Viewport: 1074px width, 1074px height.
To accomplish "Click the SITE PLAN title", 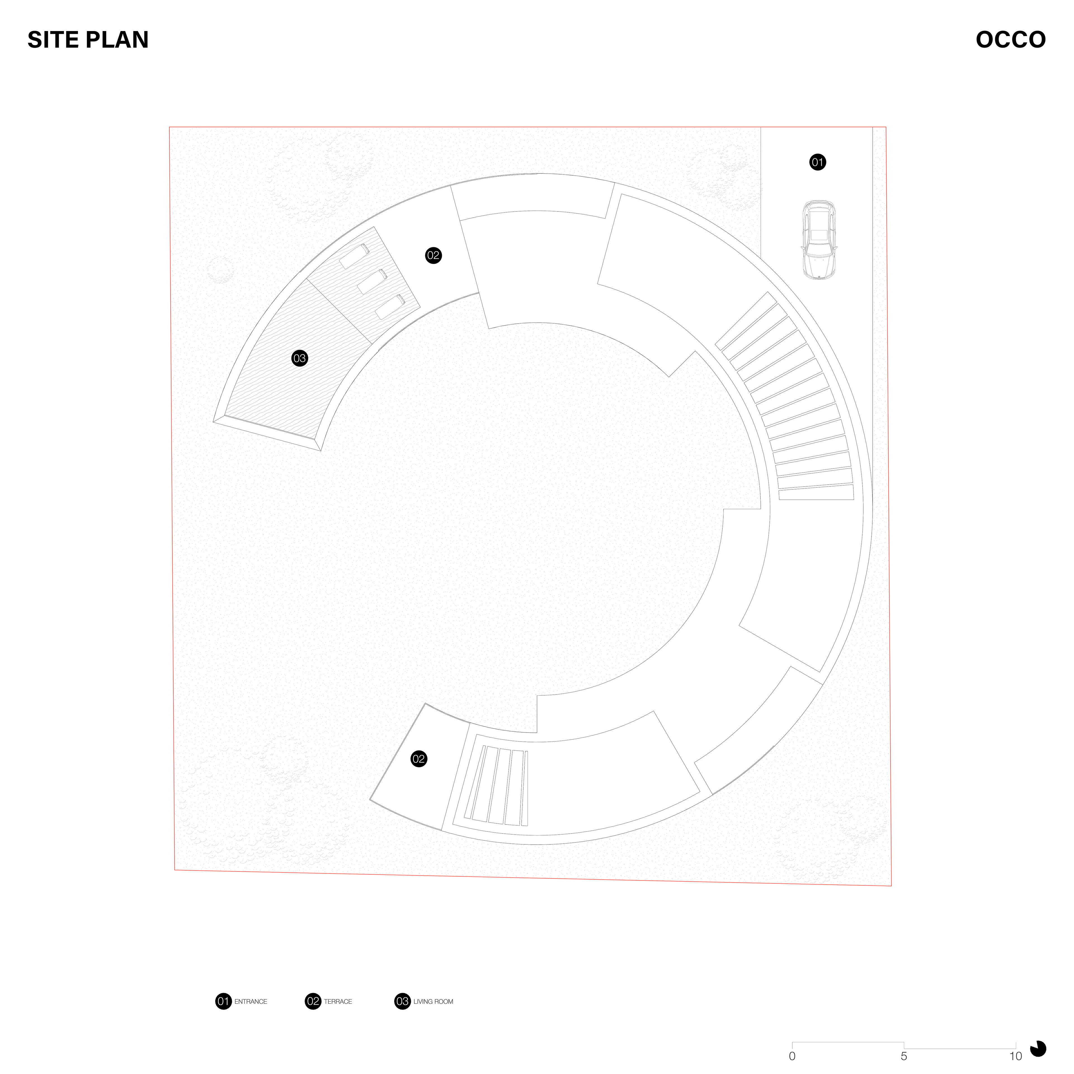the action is [88, 39].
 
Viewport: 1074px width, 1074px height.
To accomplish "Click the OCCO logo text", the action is [1011, 39].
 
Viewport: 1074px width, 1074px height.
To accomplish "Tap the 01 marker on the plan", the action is [817, 162].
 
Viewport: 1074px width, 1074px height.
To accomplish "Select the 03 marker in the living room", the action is [300, 358].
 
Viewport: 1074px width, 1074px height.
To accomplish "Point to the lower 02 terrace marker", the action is [419, 759].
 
